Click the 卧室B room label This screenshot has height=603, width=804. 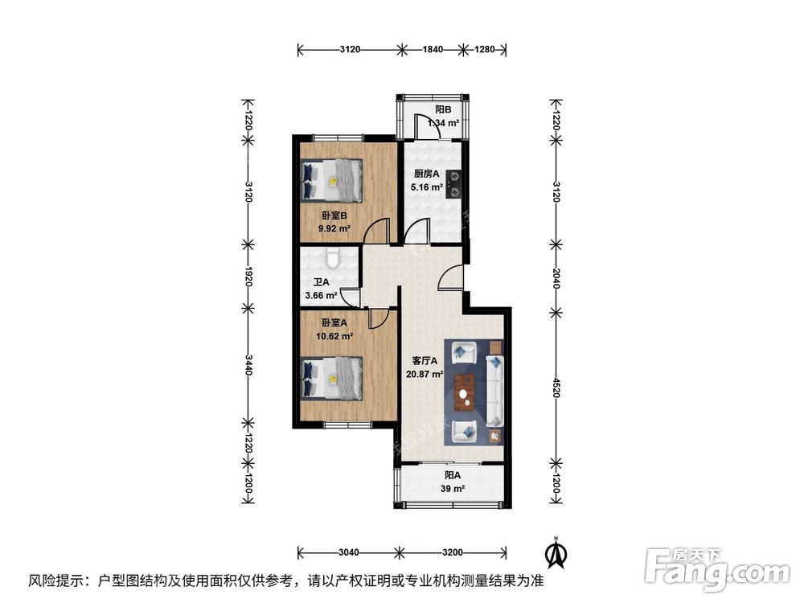[x=334, y=215]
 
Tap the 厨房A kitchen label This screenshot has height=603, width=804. [x=426, y=174]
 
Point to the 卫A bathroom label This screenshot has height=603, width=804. [x=322, y=282]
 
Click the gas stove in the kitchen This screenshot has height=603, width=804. [x=454, y=183]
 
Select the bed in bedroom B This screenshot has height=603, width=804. [x=331, y=180]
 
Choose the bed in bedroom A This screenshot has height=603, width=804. [x=331, y=377]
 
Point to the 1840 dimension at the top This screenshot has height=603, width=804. [x=433, y=50]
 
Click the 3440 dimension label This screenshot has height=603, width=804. [x=248, y=367]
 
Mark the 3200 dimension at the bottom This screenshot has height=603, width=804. [x=453, y=552]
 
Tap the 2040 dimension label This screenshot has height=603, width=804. [x=555, y=276]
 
